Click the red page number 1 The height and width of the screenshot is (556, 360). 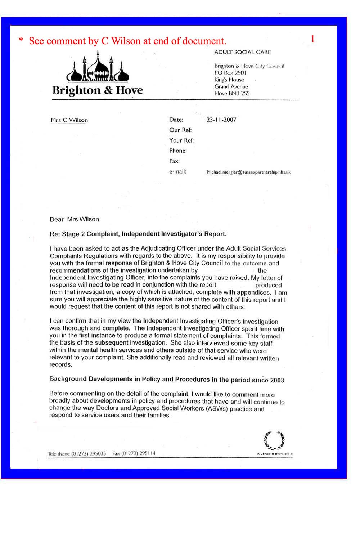(x=312, y=39)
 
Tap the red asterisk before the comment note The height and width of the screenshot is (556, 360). (x=21, y=40)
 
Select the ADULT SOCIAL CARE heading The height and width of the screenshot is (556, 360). (x=242, y=52)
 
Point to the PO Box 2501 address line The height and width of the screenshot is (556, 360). (x=230, y=73)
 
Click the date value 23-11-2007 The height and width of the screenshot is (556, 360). (x=221, y=120)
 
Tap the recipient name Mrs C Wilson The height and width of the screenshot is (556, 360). (x=69, y=120)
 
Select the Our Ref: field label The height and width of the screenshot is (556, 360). (x=180, y=130)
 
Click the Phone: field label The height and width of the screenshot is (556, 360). (x=178, y=151)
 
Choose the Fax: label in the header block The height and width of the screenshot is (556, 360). (x=174, y=161)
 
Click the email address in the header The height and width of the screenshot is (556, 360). (x=248, y=172)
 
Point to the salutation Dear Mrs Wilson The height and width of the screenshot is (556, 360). (x=74, y=219)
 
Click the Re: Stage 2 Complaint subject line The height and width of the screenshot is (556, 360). (x=138, y=234)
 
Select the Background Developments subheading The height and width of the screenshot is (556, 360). (x=167, y=380)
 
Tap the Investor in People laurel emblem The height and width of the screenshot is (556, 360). (x=274, y=441)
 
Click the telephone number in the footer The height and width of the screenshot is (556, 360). (x=77, y=454)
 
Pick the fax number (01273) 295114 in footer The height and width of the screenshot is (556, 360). (x=134, y=454)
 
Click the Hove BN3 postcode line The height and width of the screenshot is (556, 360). (x=232, y=93)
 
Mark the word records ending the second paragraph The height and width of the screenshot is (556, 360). (x=60, y=365)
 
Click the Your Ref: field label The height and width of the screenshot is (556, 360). (x=181, y=140)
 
